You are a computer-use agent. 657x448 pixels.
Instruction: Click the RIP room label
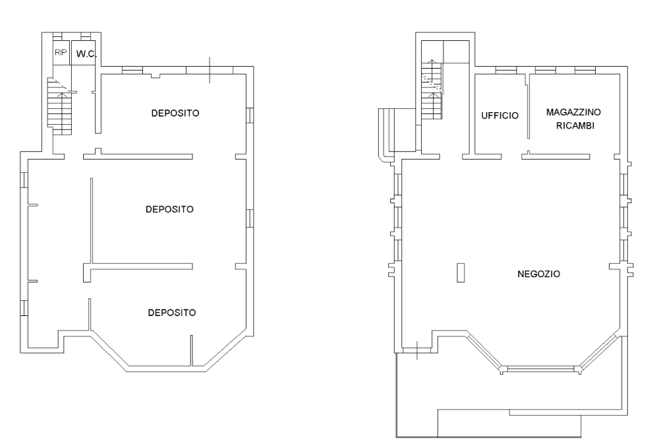(61, 53)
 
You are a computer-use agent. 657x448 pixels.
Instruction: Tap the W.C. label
(86, 54)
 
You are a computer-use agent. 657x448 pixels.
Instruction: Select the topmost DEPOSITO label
(175, 113)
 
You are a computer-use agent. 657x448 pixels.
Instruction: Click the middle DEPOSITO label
(170, 209)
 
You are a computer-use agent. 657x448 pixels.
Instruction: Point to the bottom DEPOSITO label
(172, 313)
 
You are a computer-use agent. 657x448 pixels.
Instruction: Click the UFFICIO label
(500, 115)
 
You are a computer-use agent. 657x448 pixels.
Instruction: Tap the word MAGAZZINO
(573, 112)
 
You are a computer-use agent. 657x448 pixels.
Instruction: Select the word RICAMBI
(575, 126)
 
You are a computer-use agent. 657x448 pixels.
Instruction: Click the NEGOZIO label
(539, 274)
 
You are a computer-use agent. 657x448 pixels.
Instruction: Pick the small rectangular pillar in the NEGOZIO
(461, 272)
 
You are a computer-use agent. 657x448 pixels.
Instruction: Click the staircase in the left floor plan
(60, 106)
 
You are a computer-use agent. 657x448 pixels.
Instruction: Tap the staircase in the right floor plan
(432, 90)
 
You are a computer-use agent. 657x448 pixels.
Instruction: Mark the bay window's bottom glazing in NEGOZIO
(540, 369)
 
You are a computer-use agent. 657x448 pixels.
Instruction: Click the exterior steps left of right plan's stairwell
(386, 133)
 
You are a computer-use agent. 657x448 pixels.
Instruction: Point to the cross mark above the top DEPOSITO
(210, 70)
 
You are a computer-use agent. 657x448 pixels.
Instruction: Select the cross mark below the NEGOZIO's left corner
(417, 351)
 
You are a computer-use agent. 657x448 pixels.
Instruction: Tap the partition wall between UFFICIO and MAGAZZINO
(528, 106)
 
